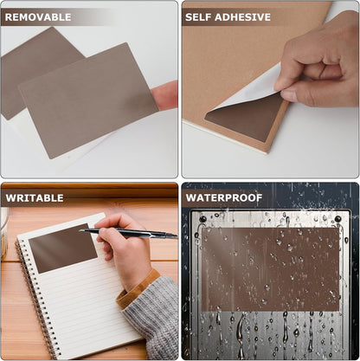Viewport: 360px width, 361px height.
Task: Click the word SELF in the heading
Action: (201, 16)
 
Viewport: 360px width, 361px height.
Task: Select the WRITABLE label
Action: (35, 197)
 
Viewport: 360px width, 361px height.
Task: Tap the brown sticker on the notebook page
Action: (62, 248)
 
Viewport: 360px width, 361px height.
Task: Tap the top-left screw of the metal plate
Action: (203, 219)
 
